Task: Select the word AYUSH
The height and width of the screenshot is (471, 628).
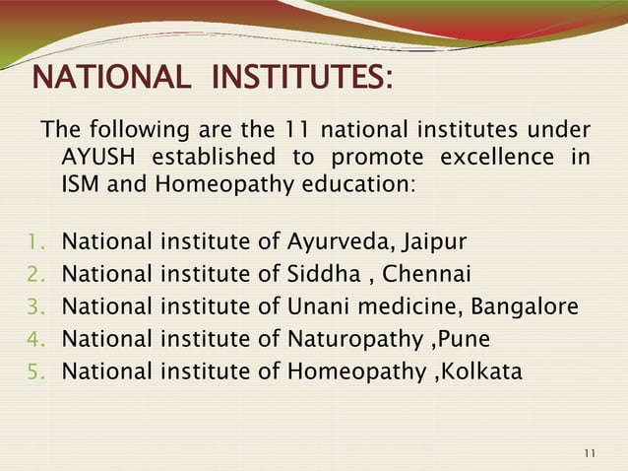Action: click(97, 158)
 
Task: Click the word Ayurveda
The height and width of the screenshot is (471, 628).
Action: click(334, 241)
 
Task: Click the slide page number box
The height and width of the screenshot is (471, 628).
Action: click(590, 452)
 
